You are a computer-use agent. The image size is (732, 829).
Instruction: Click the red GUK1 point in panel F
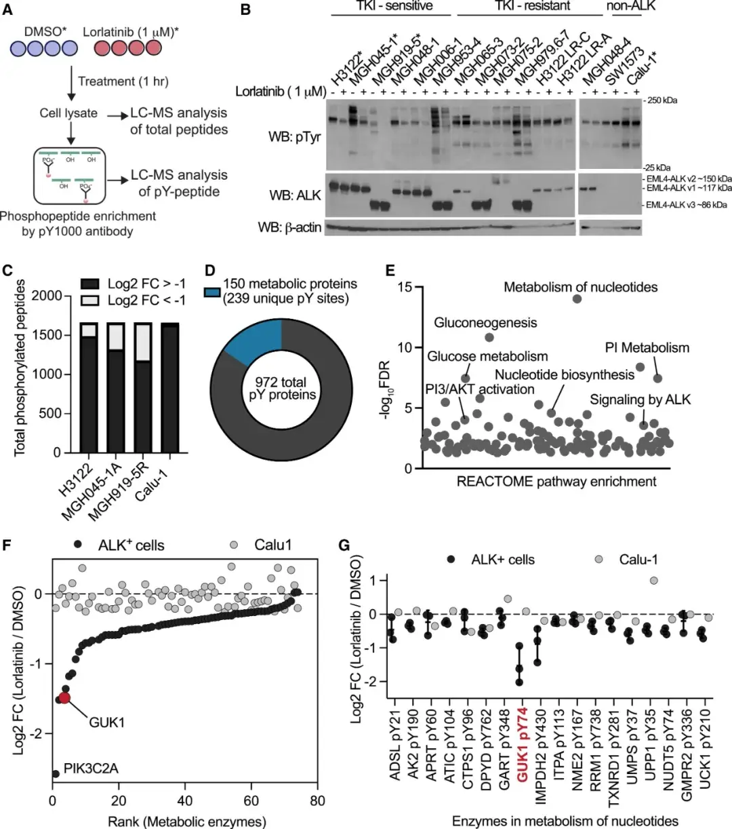(x=64, y=697)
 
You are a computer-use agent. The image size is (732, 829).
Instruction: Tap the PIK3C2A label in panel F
(x=91, y=769)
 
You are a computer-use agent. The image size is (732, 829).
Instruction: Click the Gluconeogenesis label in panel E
(x=485, y=323)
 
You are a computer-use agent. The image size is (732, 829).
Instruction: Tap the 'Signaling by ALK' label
(x=640, y=400)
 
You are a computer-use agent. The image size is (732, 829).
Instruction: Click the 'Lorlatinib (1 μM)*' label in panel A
(x=131, y=31)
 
